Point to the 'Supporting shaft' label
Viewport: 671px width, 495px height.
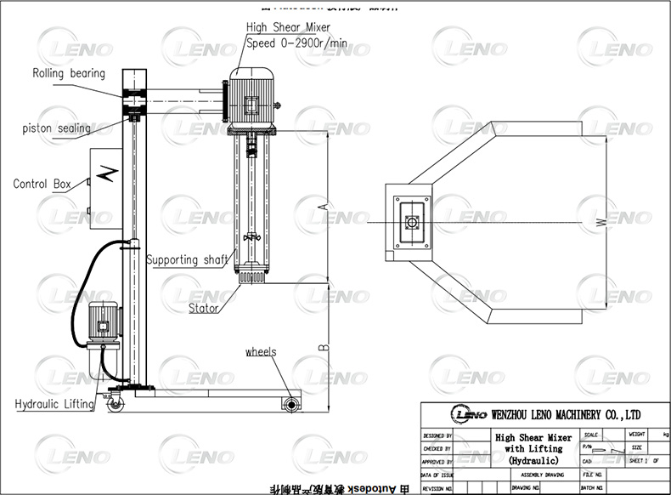186,259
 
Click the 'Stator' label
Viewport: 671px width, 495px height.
204,308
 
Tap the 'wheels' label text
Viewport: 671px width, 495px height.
261,351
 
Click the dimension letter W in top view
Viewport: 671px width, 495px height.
601,223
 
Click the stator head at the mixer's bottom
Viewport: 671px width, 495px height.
252,277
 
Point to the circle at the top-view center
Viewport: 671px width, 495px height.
412,222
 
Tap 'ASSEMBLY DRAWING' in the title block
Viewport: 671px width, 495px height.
542,474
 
